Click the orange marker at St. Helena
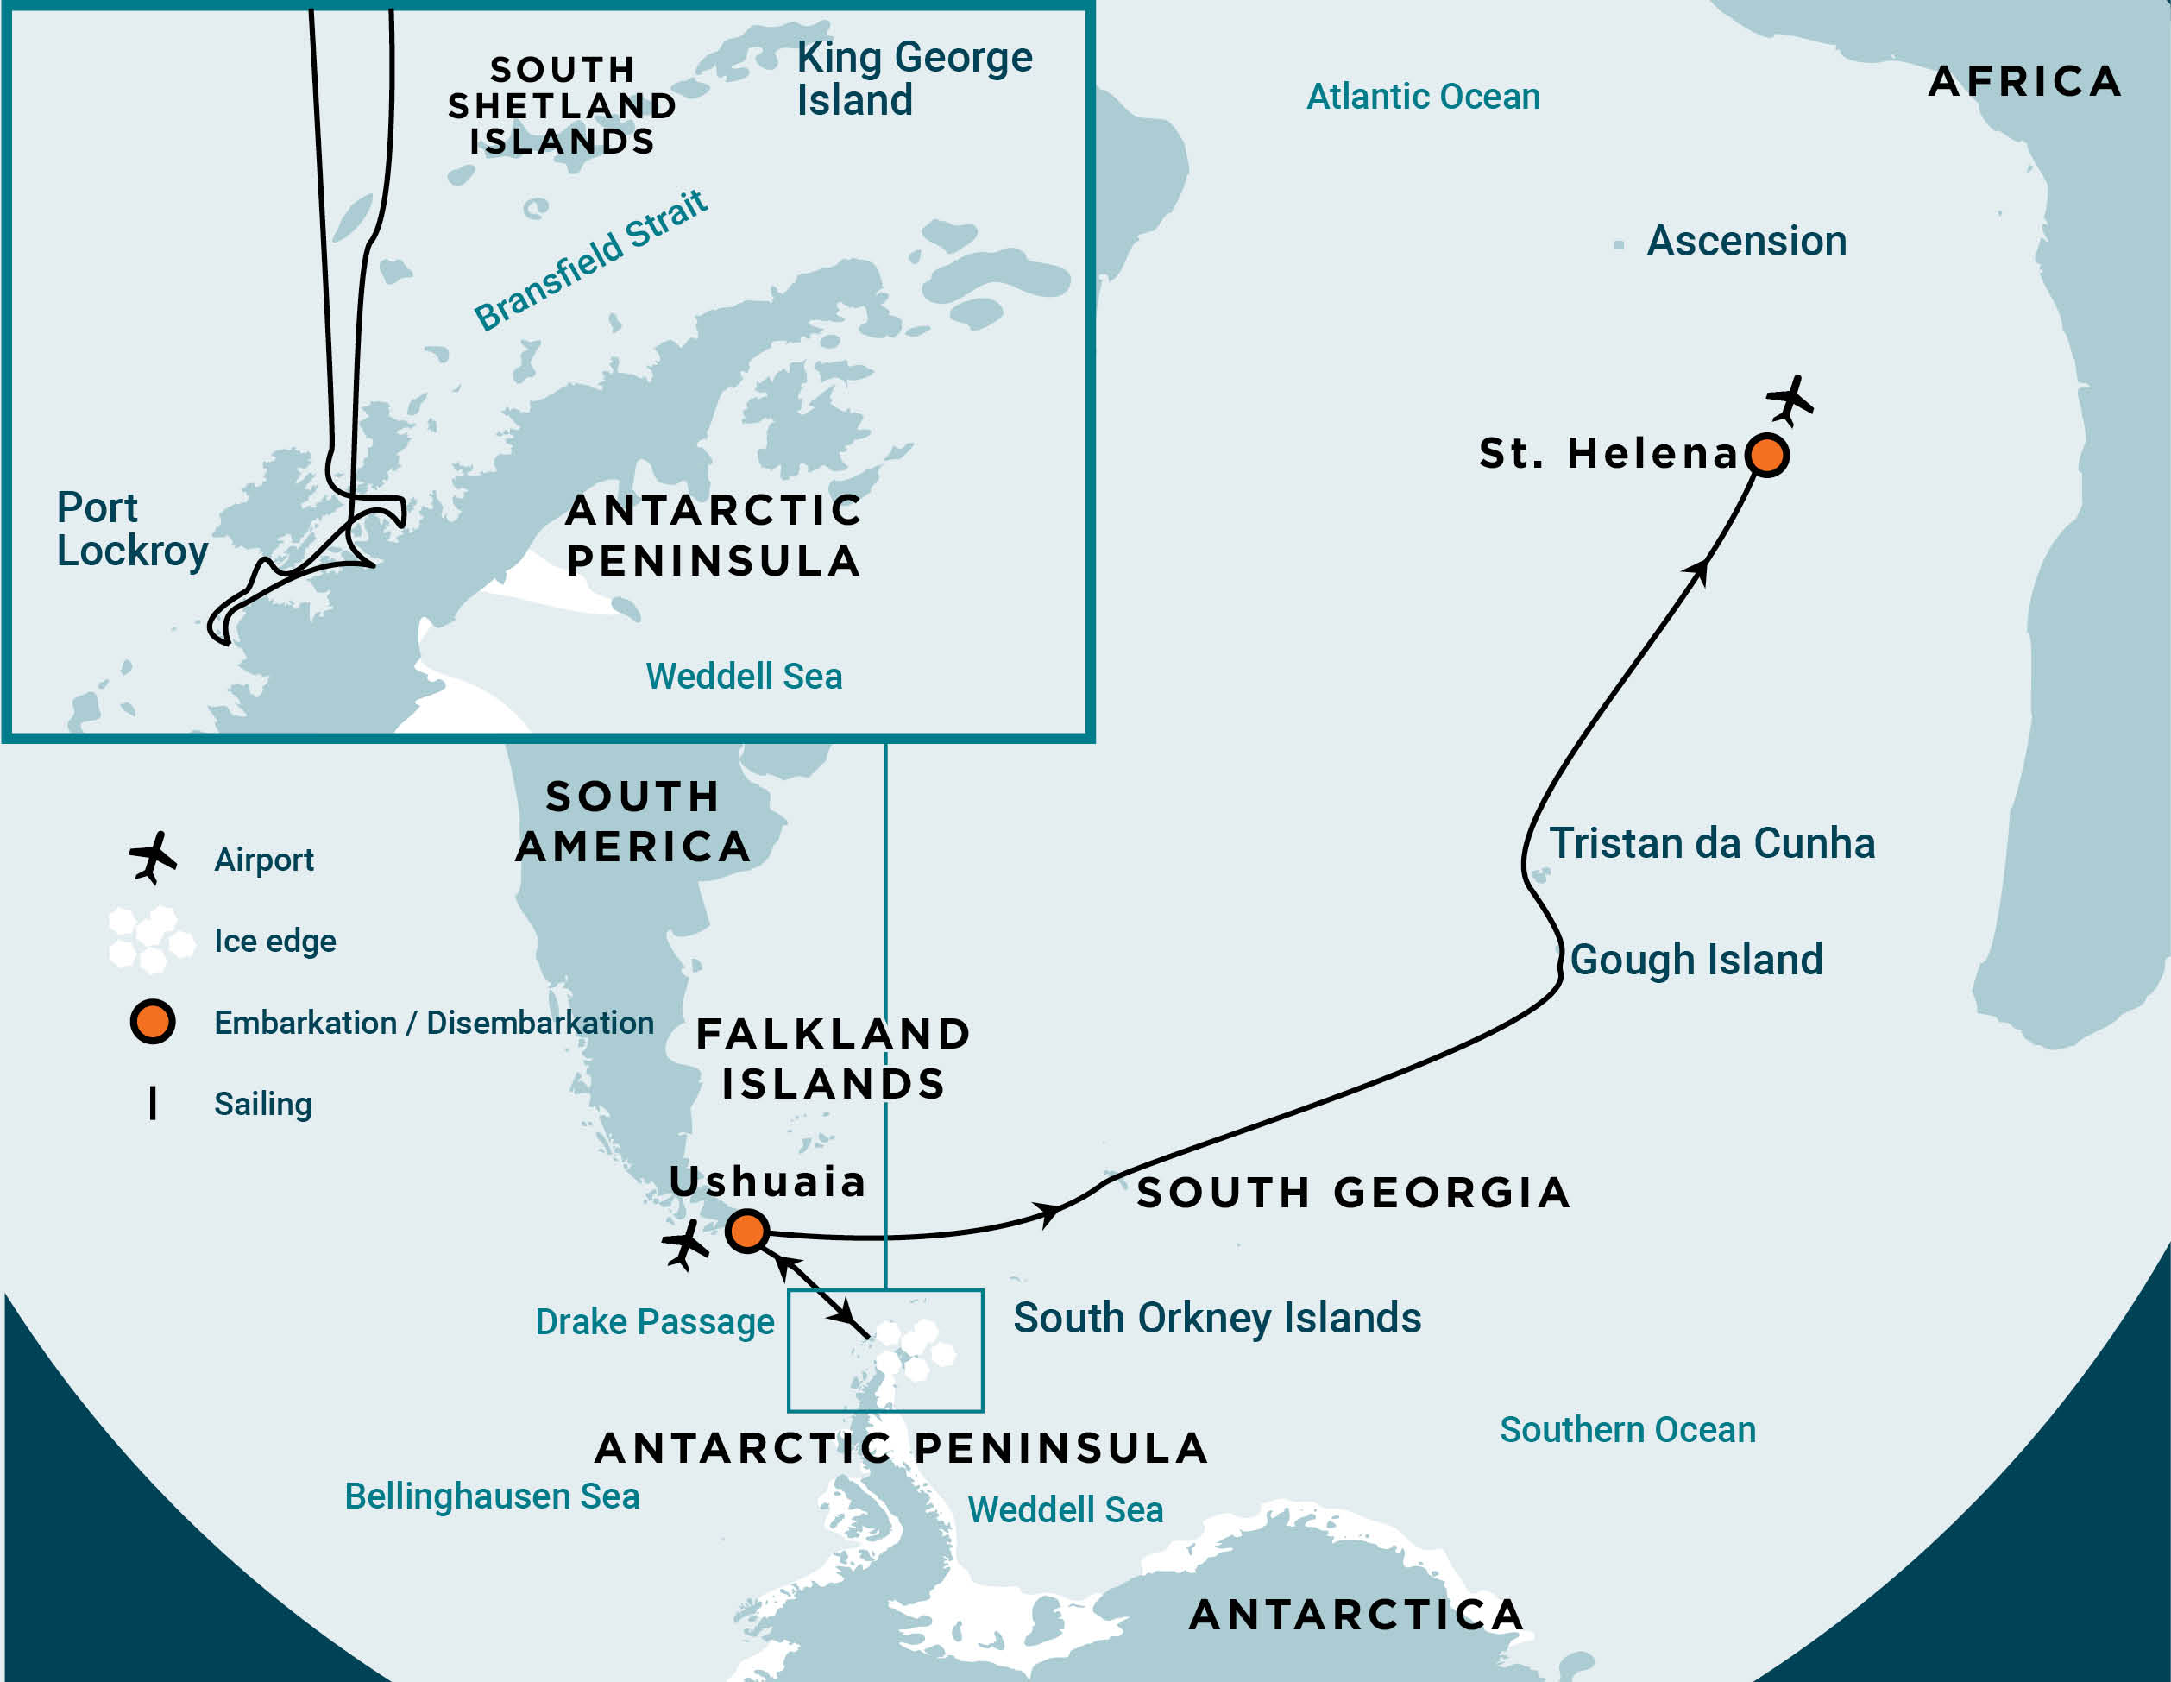[x=1766, y=456]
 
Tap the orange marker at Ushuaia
[x=746, y=1231]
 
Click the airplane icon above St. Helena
[x=1790, y=400]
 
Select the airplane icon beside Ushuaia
[x=685, y=1244]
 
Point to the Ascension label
[x=1746, y=242]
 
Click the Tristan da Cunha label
[x=1712, y=843]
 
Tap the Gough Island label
[x=1696, y=960]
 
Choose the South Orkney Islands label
[x=1217, y=1318]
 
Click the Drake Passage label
[x=654, y=1322]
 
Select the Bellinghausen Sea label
[x=492, y=1496]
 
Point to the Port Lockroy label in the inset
[x=131, y=529]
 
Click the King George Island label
[x=914, y=79]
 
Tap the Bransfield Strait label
[x=590, y=261]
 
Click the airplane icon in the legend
[x=152, y=858]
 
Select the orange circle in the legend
[x=152, y=1022]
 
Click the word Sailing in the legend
[x=262, y=1104]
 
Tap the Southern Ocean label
[x=1627, y=1429]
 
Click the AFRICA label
[x=2025, y=81]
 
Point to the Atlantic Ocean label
[x=1423, y=97]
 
